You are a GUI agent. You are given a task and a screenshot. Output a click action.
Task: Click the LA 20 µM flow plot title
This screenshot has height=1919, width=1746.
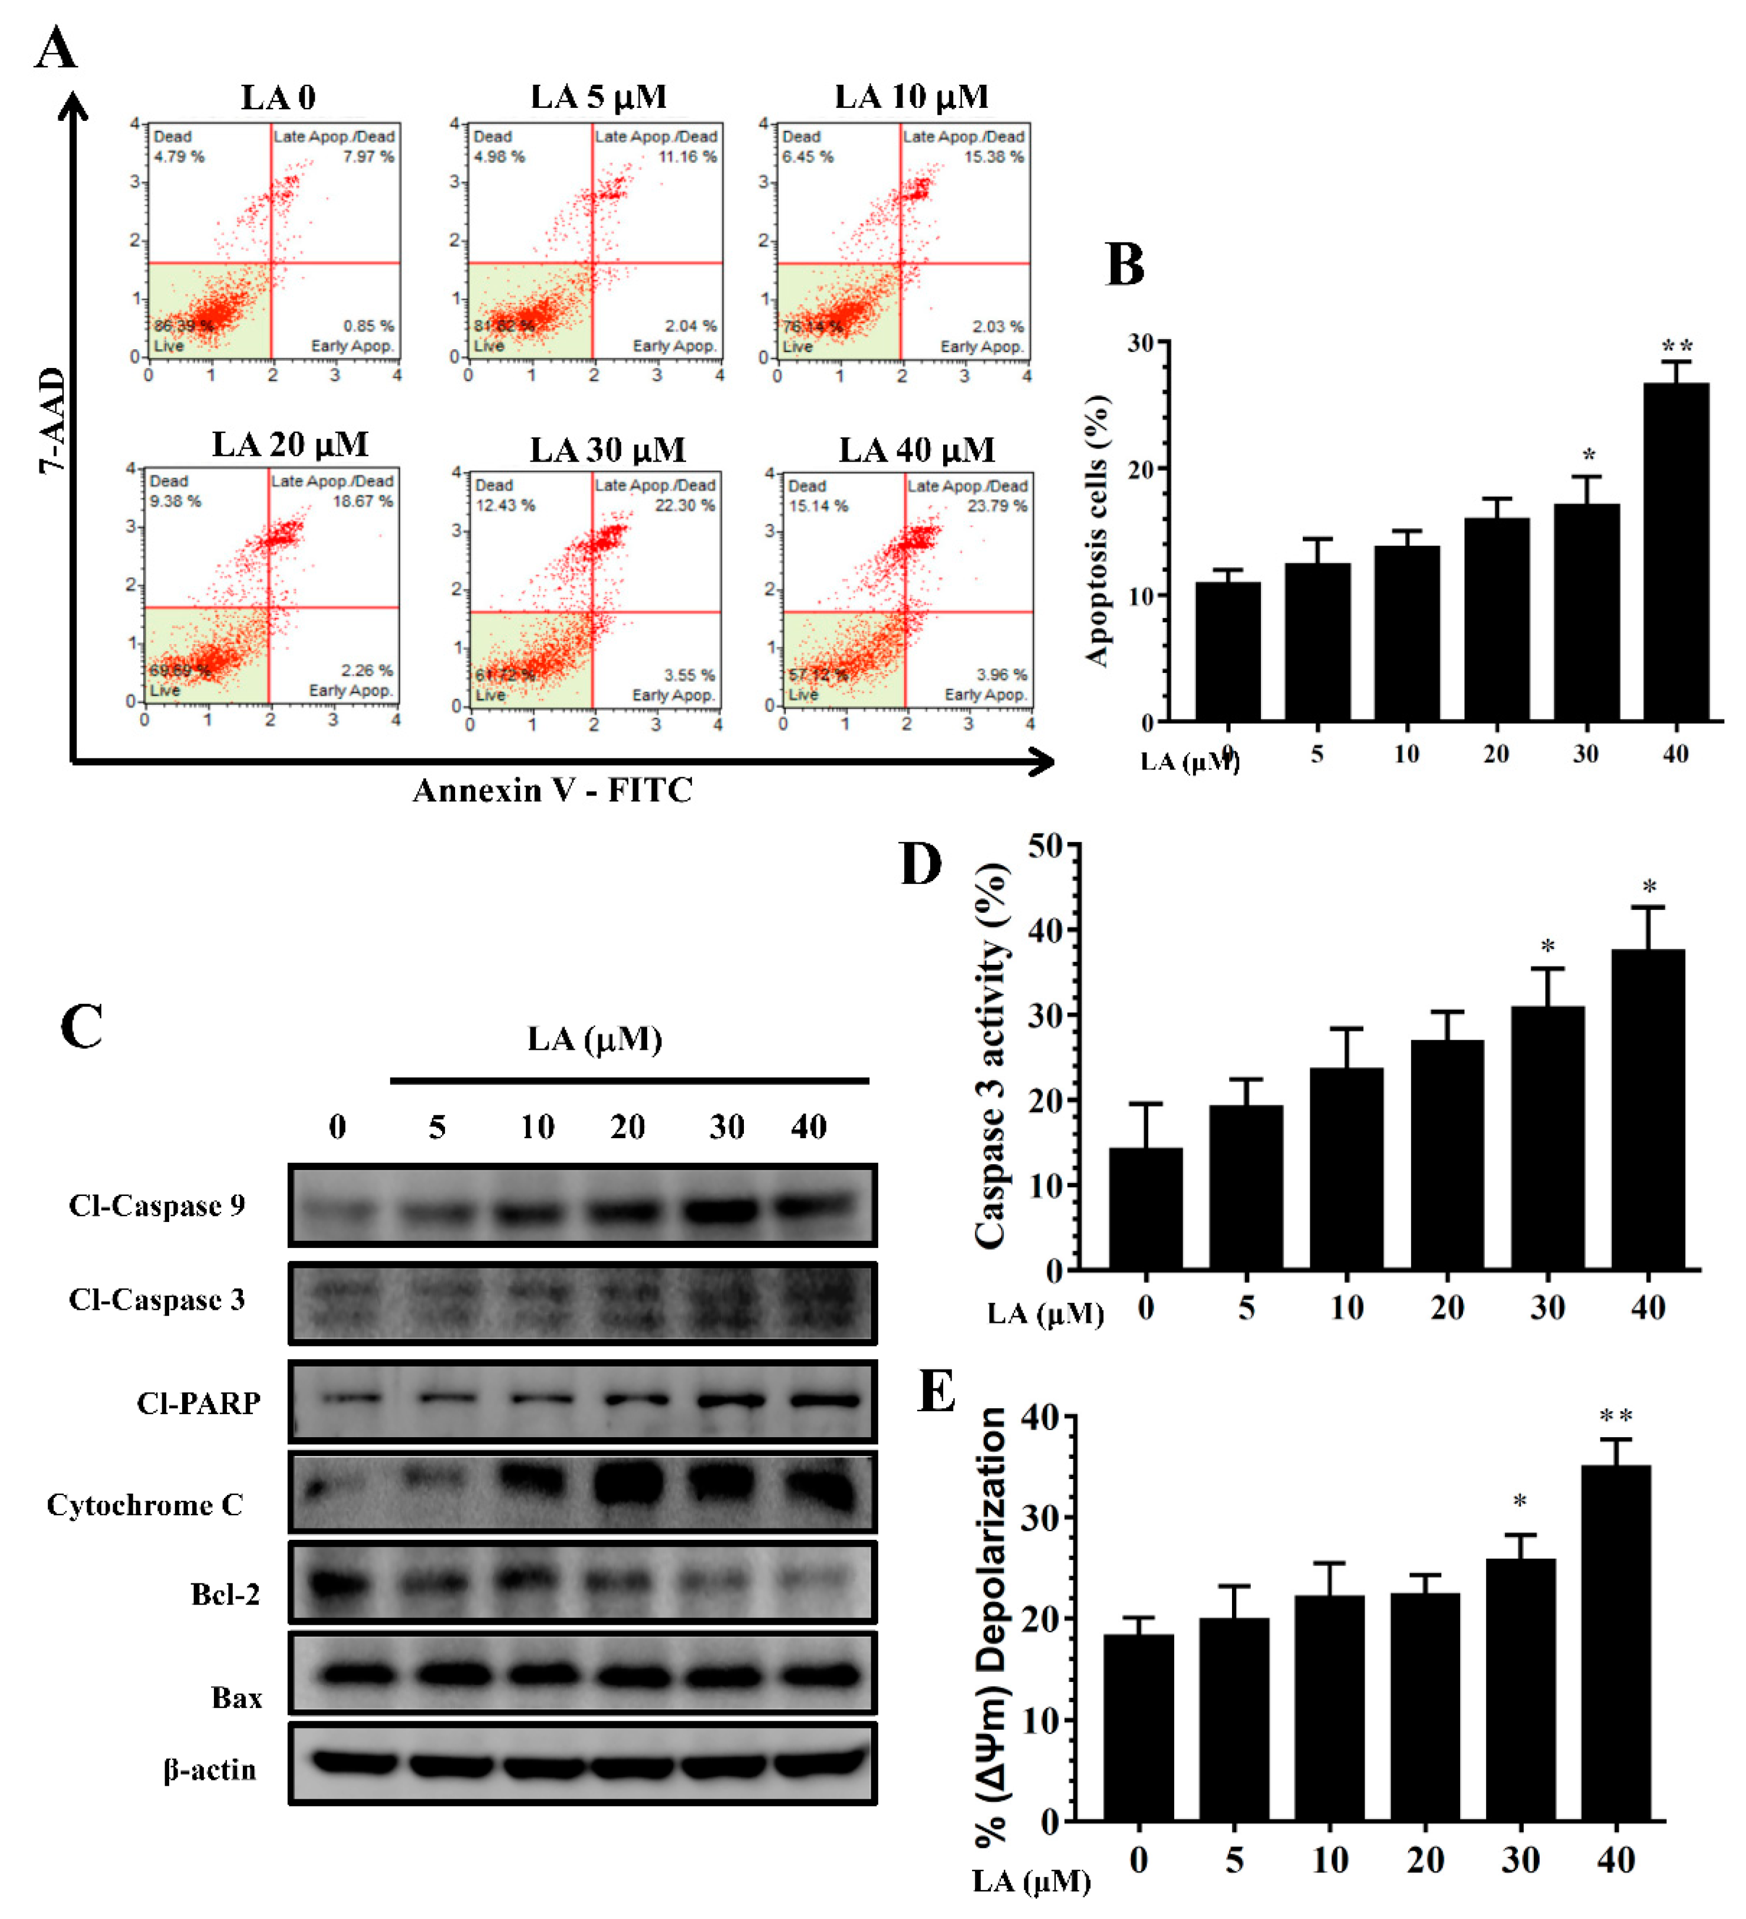click(x=289, y=445)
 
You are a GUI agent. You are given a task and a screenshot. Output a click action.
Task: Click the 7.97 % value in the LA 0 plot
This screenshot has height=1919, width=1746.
click(x=368, y=156)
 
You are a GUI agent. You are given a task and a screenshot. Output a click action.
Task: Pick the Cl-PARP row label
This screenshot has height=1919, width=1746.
click(x=198, y=1403)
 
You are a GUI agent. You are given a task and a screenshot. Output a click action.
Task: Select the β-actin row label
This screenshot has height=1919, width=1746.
click(x=209, y=1770)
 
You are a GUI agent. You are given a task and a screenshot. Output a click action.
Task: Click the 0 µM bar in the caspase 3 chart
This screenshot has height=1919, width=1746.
click(x=1145, y=1209)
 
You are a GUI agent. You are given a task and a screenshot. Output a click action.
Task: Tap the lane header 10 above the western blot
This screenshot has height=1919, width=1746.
click(x=536, y=1127)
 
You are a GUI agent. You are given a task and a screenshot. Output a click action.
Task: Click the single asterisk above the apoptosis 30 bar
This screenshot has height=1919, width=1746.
click(x=1588, y=456)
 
